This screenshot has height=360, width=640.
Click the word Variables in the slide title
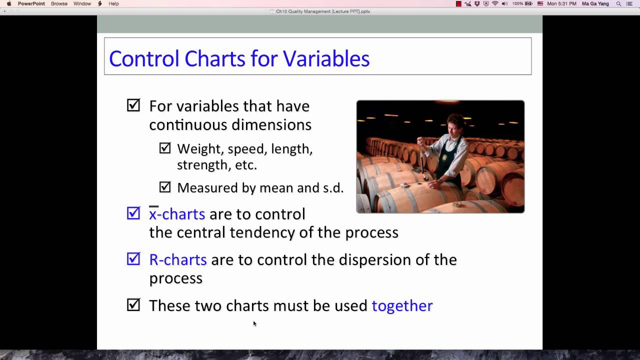coord(326,58)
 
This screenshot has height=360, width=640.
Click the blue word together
coord(402,305)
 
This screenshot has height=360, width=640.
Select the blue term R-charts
coord(177,259)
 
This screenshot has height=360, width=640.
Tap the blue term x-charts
coord(177,214)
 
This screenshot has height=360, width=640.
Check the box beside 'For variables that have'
coord(133,105)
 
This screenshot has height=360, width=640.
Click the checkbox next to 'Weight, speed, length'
coord(165,148)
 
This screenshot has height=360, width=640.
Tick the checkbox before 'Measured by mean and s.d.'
coord(165,187)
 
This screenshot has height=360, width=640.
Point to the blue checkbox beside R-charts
coord(133,258)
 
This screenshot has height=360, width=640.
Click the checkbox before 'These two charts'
coord(133,304)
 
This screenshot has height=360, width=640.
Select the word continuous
coord(187,124)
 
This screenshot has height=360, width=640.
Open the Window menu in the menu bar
coord(82,3)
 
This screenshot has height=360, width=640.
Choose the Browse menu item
coord(59,3)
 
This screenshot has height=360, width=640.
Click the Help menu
coord(113,3)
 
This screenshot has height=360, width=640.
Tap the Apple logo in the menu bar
coord(9,3)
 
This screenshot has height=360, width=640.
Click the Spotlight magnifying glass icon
coord(618,3)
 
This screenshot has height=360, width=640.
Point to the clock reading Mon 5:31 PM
coord(561,3)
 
